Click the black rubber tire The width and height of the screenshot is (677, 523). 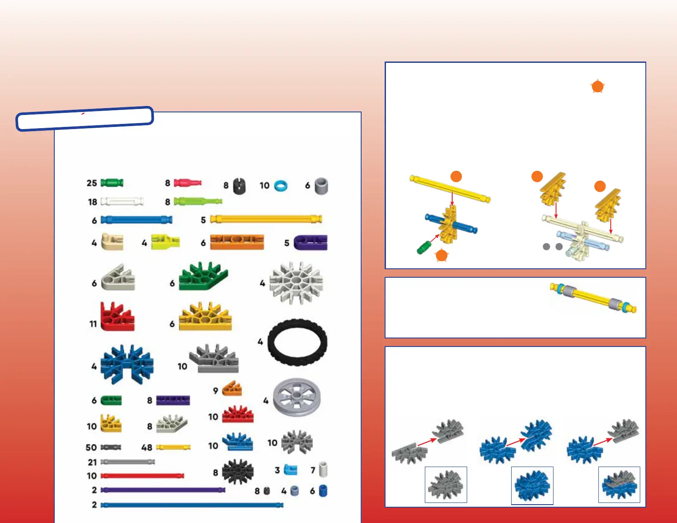pos(297,342)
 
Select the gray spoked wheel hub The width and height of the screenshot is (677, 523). pos(296,397)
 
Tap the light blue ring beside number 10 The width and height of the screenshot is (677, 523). pos(281,186)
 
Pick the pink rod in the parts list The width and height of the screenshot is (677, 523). pos(188,183)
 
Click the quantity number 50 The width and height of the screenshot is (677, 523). pos(91,447)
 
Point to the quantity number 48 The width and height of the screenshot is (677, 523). pos(147,447)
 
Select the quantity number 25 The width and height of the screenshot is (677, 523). pos(92,183)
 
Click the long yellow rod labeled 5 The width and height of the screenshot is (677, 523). pos(266,219)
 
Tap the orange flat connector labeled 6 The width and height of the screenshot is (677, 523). pos(237,242)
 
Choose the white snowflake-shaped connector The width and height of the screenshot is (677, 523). pos(296,282)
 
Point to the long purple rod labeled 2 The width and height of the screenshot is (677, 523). pos(162,490)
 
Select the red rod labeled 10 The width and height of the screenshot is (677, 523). pos(142,476)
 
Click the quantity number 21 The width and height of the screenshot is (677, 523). pos(92,462)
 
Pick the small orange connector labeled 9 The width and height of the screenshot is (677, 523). pos(232,388)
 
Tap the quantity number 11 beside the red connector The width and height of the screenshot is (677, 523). pos(93,324)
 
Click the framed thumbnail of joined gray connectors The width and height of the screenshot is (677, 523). pos(446,485)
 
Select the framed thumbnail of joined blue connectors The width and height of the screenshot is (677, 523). pos(532,485)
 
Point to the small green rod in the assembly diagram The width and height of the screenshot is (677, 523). pos(424,247)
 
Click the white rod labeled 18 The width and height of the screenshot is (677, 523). pos(122,201)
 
